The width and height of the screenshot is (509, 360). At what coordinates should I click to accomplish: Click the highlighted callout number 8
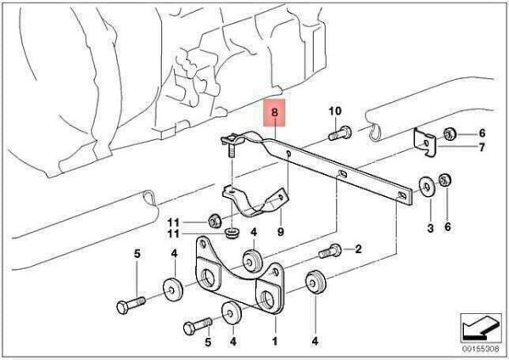275,113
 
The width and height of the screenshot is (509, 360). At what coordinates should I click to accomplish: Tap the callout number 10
335,111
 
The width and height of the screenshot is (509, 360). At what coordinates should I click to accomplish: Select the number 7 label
482,147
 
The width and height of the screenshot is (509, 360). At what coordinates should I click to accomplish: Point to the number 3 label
430,228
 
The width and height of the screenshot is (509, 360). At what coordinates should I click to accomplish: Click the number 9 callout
281,232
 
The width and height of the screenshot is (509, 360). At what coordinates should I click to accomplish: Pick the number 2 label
358,250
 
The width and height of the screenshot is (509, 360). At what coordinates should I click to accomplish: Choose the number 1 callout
275,341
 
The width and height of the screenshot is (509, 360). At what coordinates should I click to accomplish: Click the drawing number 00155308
481,349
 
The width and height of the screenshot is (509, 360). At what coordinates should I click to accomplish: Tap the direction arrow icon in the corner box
480,328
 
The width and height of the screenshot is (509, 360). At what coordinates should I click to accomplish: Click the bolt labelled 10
340,133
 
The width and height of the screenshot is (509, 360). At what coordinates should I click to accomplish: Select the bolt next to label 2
330,251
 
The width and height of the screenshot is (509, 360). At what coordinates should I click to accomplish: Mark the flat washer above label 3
428,188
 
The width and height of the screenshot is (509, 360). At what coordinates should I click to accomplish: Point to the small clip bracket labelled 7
425,143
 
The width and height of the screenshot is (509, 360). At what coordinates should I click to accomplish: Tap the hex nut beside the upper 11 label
214,222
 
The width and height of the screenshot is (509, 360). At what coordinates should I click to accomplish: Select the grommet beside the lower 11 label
232,233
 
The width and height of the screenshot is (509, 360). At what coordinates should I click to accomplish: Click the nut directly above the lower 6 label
445,180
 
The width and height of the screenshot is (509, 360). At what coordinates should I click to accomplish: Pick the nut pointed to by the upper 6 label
450,133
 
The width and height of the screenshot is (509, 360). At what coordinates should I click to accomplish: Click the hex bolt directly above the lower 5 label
198,326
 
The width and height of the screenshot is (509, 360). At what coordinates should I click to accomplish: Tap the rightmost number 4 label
315,341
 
